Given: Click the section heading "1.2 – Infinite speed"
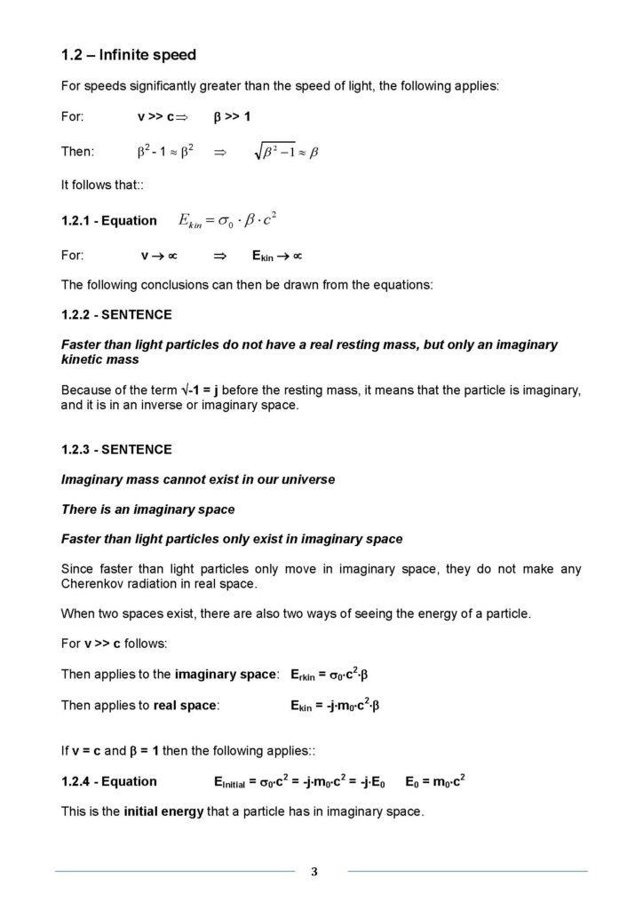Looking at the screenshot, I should point(128,55).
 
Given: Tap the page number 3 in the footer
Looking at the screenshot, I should point(314,871).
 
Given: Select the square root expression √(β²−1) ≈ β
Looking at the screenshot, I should point(286,152).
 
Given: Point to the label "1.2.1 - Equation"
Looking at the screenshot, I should point(108,221).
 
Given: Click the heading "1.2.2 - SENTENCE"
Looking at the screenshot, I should point(116,314).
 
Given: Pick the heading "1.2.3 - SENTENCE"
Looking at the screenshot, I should point(116,449).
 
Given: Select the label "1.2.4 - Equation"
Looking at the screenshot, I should point(108,782).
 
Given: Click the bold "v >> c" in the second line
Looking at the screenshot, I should point(163,117).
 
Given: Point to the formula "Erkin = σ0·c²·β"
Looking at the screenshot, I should point(329,675).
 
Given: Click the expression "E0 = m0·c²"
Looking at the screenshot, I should point(435,782).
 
